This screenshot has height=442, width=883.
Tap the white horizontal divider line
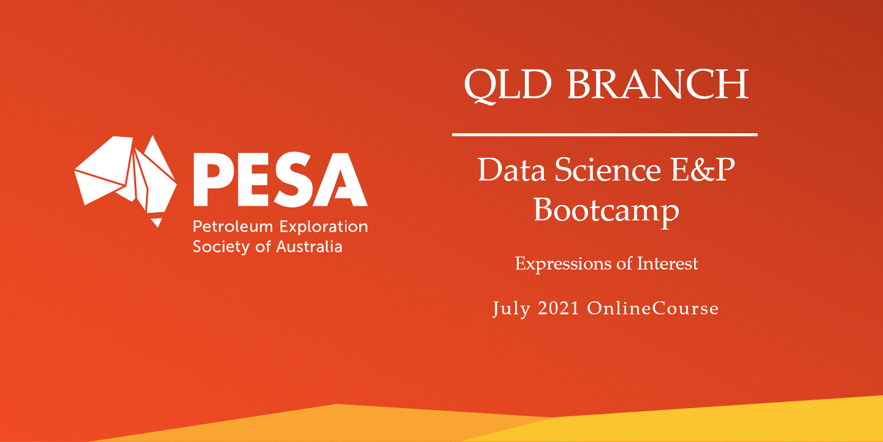click(x=605, y=135)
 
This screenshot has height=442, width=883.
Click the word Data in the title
click(x=512, y=169)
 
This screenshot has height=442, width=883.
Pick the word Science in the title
click(x=608, y=169)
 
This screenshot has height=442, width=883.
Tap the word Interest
click(x=667, y=263)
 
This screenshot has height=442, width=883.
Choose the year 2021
click(x=559, y=308)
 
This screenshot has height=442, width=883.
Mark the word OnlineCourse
click(x=652, y=308)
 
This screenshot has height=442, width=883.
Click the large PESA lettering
click(x=280, y=179)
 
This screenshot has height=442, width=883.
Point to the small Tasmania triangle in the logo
click(x=157, y=222)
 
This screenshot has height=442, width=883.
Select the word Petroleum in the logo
click(x=233, y=227)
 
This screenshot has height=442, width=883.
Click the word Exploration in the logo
click(x=324, y=228)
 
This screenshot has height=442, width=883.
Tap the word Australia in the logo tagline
click(x=309, y=247)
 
